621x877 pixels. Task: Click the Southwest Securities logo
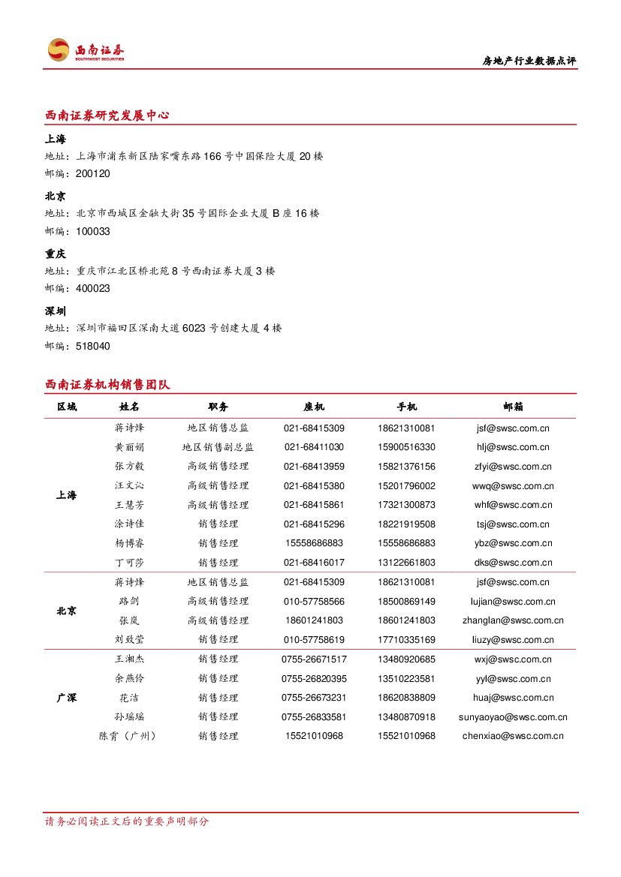pos(86,50)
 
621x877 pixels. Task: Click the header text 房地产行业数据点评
pos(529,62)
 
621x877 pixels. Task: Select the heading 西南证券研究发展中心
pos(107,116)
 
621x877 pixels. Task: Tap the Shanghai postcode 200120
pos(92,174)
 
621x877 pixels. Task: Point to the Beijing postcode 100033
pos(92,232)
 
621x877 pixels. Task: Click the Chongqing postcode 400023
pos(92,289)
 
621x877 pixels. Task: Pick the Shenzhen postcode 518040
pos(92,347)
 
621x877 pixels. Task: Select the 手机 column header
pos(406,407)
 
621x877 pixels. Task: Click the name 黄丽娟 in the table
pos(129,447)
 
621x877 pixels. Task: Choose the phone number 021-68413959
pos(314,467)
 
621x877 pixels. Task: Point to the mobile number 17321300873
pos(406,505)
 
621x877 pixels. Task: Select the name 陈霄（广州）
pos(129,736)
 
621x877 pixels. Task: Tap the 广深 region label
pos(66,698)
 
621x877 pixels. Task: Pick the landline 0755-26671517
pos(314,659)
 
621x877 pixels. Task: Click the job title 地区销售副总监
pos(218,447)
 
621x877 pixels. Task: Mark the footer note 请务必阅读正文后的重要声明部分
pos(127,821)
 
